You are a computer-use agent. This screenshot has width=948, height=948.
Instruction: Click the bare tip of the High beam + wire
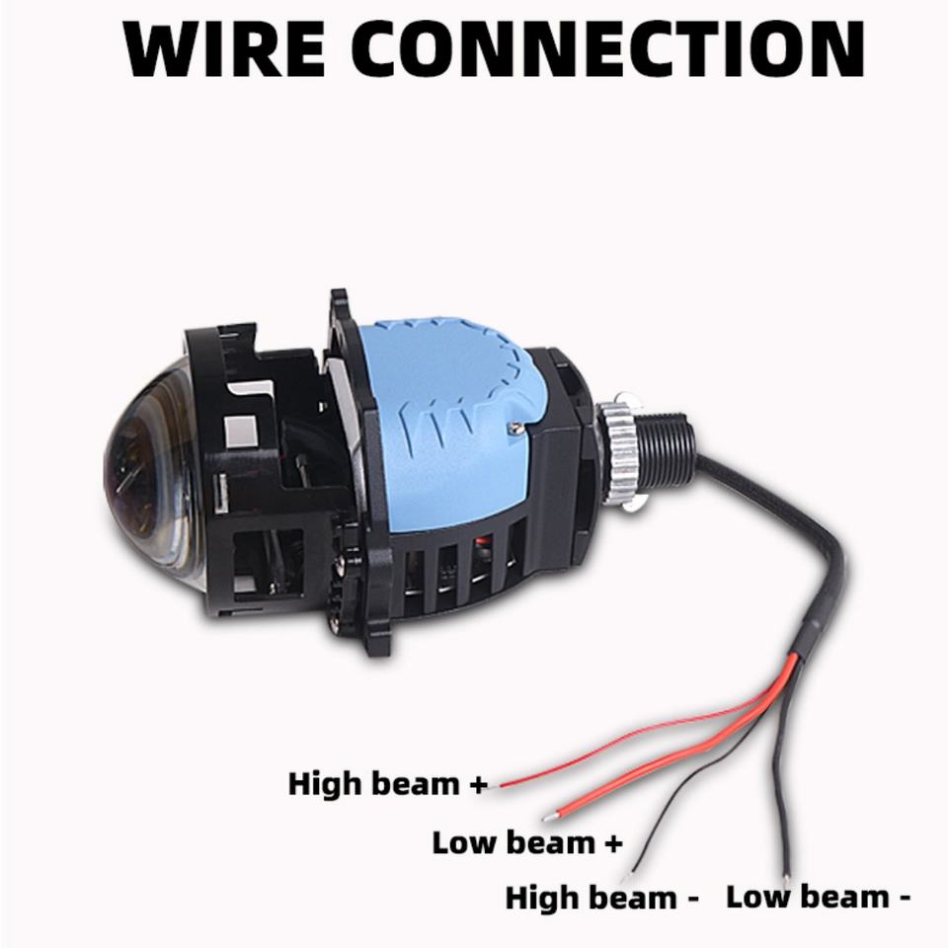(x=503, y=784)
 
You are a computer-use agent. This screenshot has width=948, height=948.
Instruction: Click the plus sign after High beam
(x=478, y=785)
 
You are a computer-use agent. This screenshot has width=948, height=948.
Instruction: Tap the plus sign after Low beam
(x=612, y=843)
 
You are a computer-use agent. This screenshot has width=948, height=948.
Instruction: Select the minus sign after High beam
(x=690, y=899)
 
